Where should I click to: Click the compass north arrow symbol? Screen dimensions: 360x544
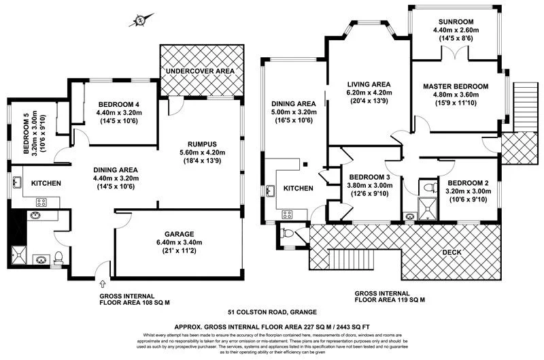point(140,20)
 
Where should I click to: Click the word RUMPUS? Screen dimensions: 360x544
point(202,144)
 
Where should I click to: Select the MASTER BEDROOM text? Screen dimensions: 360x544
point(456,86)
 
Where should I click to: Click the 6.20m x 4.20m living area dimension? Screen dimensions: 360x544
point(367,92)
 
